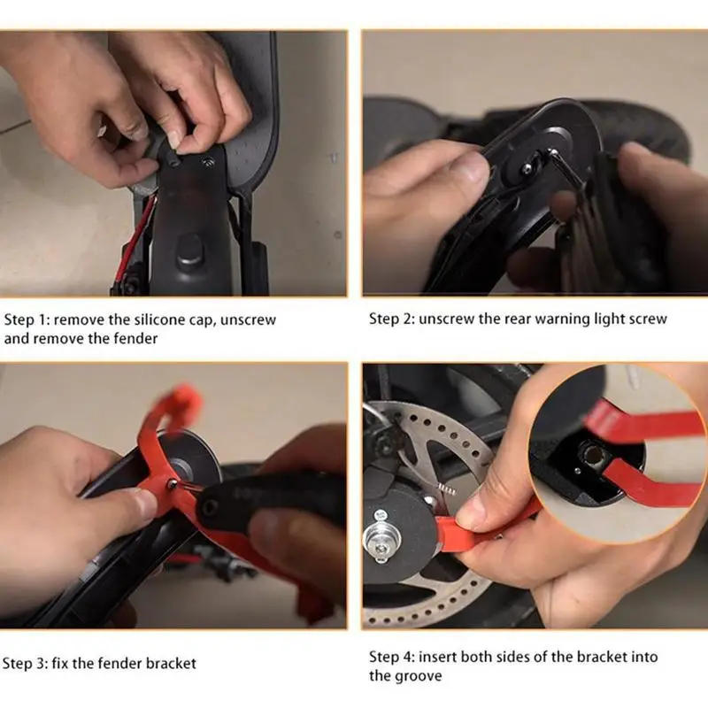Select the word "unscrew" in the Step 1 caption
(248, 319)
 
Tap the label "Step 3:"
(28, 663)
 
